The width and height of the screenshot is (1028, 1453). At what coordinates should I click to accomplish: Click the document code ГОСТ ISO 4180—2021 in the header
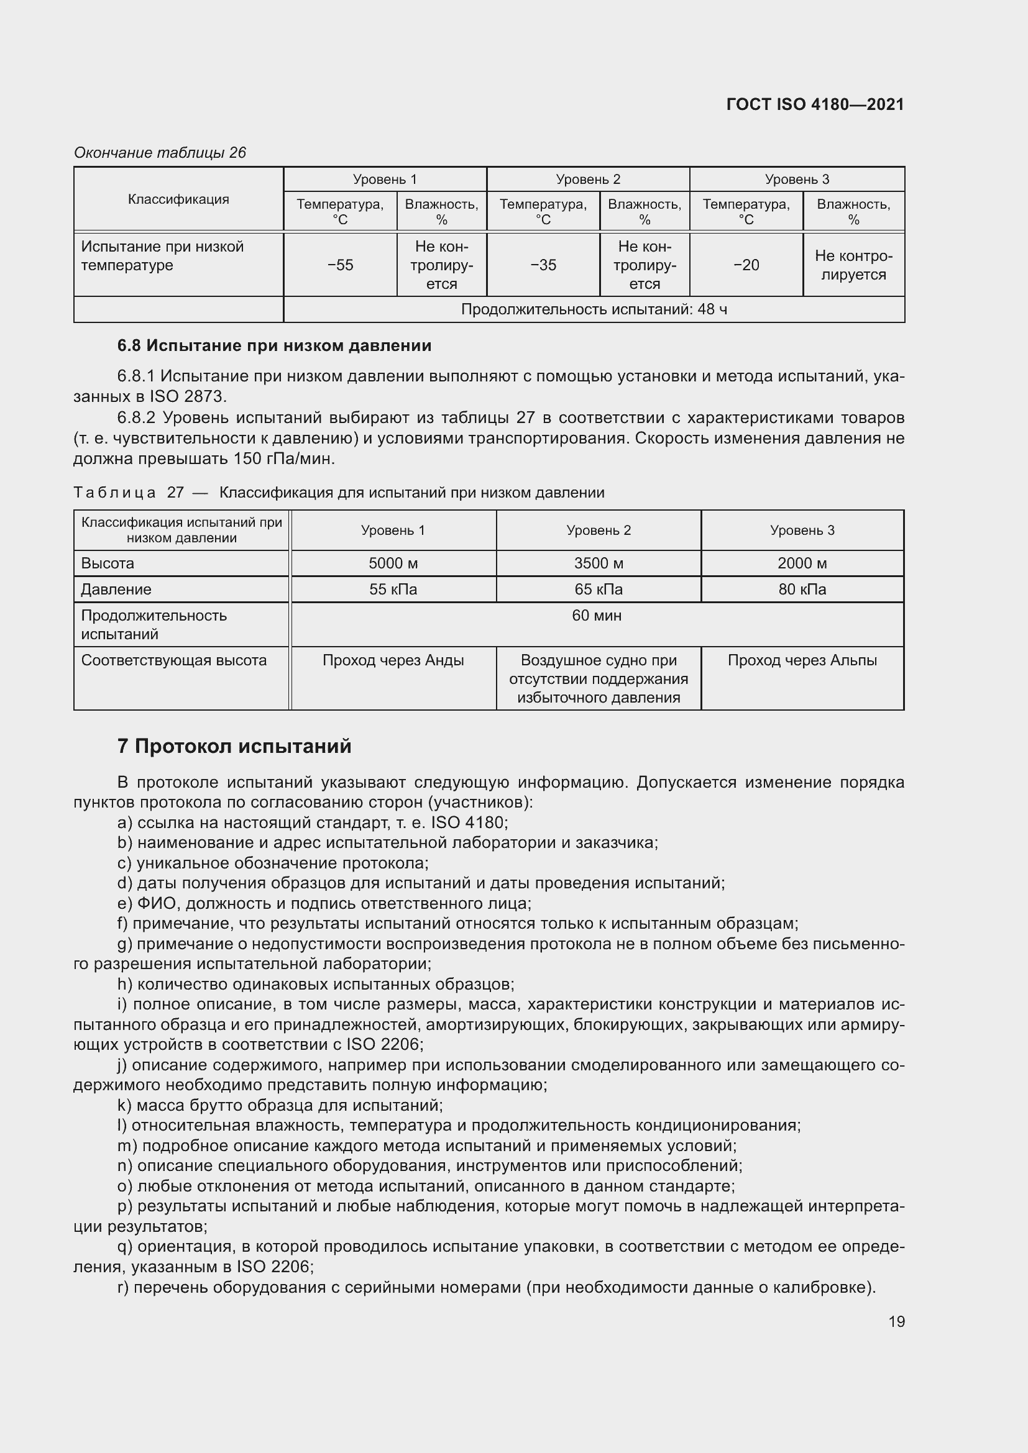[815, 104]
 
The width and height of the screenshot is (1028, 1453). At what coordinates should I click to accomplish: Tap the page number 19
[896, 1321]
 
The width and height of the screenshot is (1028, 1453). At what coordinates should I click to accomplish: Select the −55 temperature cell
[341, 265]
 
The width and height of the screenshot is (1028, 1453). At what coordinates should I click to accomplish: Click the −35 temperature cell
[543, 265]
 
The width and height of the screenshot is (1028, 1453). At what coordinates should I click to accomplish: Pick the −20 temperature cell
[746, 265]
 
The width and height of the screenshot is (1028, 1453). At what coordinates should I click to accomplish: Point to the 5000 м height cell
[393, 563]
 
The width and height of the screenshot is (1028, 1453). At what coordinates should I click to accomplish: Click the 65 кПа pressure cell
[598, 589]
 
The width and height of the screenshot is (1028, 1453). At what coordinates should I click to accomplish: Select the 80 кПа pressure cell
[802, 589]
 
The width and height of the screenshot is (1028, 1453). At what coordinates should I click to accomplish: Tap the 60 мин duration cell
[596, 615]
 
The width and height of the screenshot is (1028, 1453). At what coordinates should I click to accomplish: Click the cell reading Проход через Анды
[393, 660]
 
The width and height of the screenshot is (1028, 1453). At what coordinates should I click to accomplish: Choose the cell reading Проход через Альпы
[802, 660]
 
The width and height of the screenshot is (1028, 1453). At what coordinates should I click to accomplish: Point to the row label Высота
[108, 563]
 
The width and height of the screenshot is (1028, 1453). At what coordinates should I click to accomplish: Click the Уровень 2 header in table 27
[598, 531]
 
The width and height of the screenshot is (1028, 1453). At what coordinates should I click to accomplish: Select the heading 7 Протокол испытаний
[234, 746]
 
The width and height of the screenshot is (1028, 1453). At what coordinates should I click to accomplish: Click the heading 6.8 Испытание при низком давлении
[274, 345]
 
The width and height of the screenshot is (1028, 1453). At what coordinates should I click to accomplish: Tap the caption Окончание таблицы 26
[160, 153]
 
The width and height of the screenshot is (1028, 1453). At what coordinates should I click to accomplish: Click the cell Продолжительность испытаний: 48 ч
[594, 309]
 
